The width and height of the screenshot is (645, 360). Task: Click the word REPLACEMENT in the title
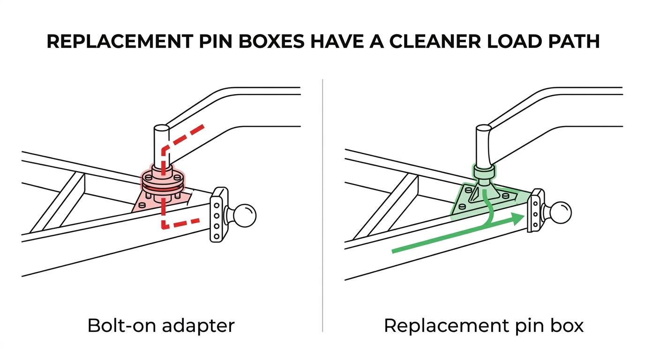[120, 41]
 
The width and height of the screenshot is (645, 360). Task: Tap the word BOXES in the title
[271, 41]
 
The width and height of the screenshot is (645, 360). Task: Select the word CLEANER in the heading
[435, 41]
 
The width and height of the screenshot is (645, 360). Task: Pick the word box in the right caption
[567, 326]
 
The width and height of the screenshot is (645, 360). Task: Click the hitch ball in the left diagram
[244, 216]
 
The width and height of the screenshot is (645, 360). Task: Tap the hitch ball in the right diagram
[560, 212]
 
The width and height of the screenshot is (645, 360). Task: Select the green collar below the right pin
[484, 172]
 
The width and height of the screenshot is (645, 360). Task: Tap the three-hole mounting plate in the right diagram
[484, 199]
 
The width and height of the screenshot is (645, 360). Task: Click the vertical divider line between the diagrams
[322, 205]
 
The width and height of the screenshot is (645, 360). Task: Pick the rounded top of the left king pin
[162, 128]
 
